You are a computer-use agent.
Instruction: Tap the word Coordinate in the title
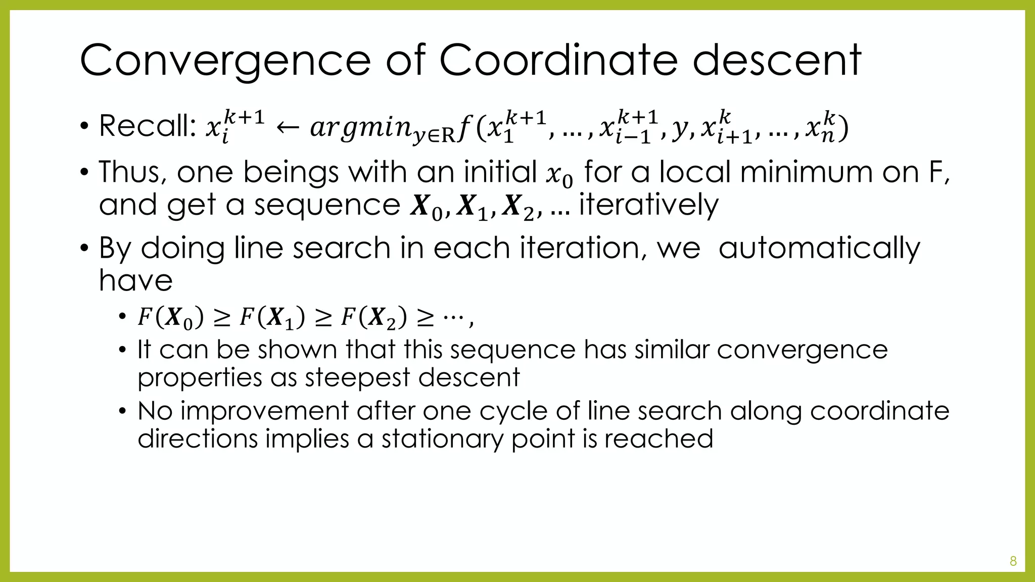click(558, 61)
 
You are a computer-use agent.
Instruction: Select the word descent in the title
click(776, 61)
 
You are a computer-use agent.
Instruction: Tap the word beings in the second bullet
click(291, 172)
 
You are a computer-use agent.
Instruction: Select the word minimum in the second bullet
click(804, 172)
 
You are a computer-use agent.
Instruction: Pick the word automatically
click(819, 248)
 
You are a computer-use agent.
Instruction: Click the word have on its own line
click(135, 280)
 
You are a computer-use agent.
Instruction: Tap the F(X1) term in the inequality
click(272, 318)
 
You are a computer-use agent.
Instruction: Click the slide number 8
click(1013, 561)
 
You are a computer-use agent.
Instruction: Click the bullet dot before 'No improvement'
click(122, 411)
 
